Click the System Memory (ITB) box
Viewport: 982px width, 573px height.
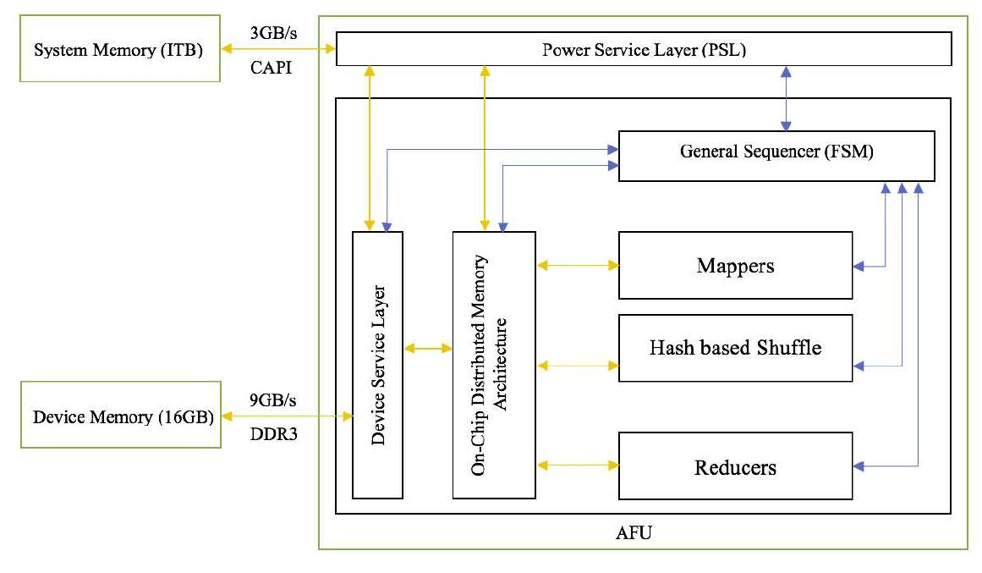(118, 49)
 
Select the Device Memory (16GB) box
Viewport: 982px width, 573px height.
(118, 416)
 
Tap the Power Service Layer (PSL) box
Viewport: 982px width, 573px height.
(644, 49)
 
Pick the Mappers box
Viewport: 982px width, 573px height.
(735, 265)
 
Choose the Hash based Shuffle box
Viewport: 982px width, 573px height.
(735, 347)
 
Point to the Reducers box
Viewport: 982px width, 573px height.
(735, 466)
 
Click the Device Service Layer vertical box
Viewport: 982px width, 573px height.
(377, 364)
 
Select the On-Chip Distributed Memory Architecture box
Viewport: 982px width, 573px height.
(494, 364)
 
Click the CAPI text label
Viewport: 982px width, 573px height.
(271, 68)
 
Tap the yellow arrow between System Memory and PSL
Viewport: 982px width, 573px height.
(278, 50)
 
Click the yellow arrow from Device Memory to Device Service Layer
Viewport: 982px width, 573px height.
(286, 416)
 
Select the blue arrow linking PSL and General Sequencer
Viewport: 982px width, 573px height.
(787, 98)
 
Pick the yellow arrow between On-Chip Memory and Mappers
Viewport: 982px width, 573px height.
(578, 265)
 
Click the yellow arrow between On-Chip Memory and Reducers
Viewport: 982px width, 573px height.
(578, 465)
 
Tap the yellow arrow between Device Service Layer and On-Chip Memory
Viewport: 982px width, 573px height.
(428, 348)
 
